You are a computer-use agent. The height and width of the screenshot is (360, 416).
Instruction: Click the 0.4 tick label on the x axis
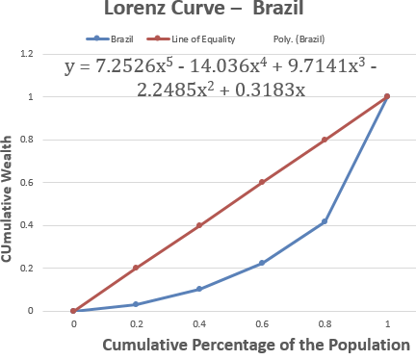198,325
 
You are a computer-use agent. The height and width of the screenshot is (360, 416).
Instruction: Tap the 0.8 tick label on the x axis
325,325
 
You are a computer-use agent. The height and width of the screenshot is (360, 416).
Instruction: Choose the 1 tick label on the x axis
387,325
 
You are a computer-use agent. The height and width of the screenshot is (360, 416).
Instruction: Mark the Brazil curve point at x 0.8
325,221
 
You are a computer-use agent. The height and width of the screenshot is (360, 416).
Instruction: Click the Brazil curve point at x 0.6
262,263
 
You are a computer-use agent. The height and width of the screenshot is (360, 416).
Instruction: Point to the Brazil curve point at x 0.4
198,289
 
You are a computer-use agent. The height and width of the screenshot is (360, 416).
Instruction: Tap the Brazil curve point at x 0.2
136,304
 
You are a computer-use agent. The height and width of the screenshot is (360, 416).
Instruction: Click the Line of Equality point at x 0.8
325,140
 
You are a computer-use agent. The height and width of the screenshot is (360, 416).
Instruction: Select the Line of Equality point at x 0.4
198,225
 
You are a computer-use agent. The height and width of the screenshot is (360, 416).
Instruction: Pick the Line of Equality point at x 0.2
136,268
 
